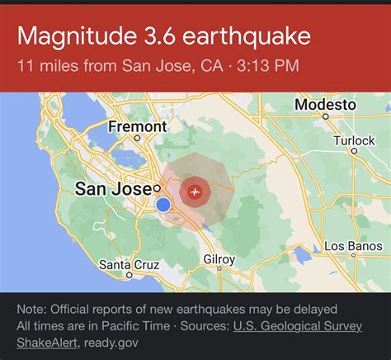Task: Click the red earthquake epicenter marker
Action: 195,190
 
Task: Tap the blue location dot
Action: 163,204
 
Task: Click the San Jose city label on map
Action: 113,189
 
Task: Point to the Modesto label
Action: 325,106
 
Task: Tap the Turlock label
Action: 354,140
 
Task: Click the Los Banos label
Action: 352,247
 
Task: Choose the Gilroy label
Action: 219,259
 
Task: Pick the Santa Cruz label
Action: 128,265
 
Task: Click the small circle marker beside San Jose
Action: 157,188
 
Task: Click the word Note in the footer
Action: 31,310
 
